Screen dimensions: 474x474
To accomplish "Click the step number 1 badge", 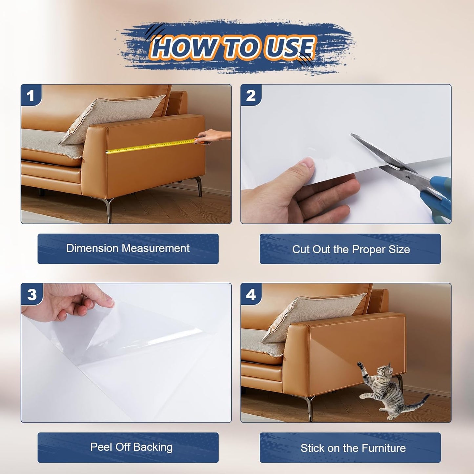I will click(x=31, y=95).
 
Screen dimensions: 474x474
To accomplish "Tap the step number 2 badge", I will click(x=251, y=95).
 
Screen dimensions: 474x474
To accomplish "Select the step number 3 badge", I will click(x=32, y=294).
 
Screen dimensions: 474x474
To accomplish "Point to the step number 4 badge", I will click(x=251, y=294).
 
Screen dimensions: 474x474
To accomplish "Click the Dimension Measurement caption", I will click(x=128, y=249).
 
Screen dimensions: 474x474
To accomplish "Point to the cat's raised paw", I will click(x=360, y=364).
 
